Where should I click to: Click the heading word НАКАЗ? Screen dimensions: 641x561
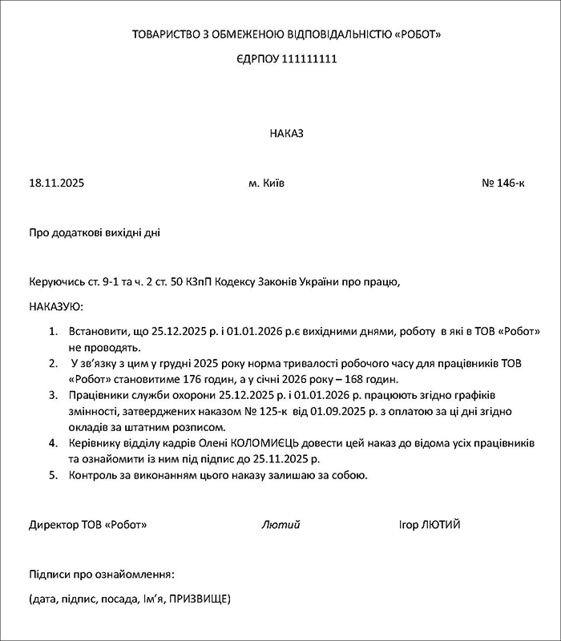287,133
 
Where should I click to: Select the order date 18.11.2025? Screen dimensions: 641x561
56,183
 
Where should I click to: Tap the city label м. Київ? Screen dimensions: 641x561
267,183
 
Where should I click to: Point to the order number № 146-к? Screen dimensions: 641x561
503,183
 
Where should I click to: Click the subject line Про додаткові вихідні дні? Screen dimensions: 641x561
95,233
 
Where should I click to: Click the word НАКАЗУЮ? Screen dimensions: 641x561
55,307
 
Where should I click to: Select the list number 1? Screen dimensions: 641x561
54,331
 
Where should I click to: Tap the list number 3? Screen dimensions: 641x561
54,395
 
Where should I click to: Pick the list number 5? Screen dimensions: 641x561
54,475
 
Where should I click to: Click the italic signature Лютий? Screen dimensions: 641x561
280,525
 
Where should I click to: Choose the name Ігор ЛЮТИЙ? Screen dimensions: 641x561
430,525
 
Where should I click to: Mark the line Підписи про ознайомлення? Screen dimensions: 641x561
101,575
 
